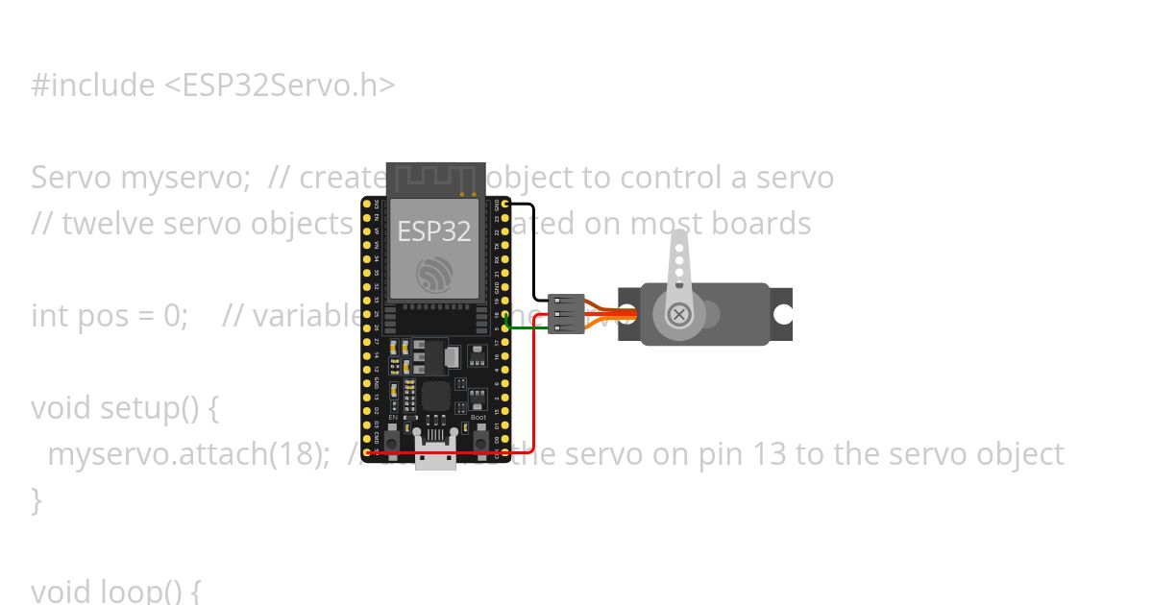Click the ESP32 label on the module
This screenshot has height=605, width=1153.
(x=434, y=231)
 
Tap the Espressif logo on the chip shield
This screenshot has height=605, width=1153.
(x=435, y=276)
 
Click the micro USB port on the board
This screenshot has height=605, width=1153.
(x=435, y=458)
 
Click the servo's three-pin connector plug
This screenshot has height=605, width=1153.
(x=566, y=314)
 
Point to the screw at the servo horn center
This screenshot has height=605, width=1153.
(x=679, y=314)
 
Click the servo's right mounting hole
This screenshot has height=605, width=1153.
(x=783, y=314)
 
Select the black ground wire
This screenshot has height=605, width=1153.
(x=534, y=250)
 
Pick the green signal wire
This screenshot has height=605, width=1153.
(x=528, y=328)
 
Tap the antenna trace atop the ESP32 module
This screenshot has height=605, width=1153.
(x=435, y=179)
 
